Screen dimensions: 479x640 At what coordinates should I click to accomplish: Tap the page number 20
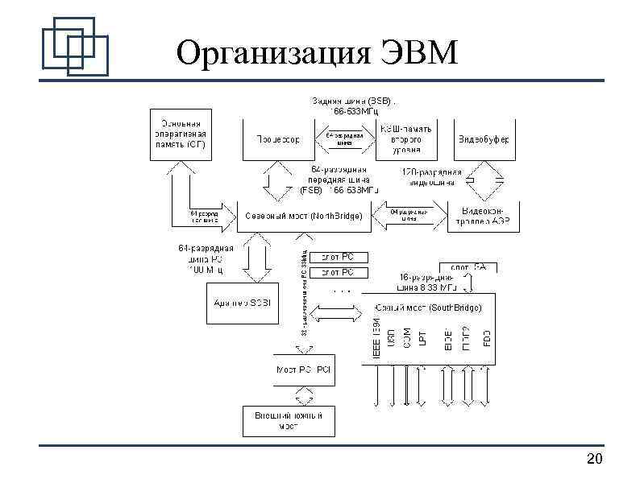click(x=595, y=460)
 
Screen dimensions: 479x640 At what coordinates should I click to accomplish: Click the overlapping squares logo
click(x=74, y=43)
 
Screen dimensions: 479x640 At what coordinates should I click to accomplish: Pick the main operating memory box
click(x=179, y=134)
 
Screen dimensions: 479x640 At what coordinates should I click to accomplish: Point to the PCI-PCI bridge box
click(x=303, y=370)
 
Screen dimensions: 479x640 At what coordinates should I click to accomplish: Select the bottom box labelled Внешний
click(x=289, y=420)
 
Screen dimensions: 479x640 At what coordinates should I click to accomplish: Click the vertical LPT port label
click(x=422, y=337)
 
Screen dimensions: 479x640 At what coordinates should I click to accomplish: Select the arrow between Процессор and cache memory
click(x=344, y=139)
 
